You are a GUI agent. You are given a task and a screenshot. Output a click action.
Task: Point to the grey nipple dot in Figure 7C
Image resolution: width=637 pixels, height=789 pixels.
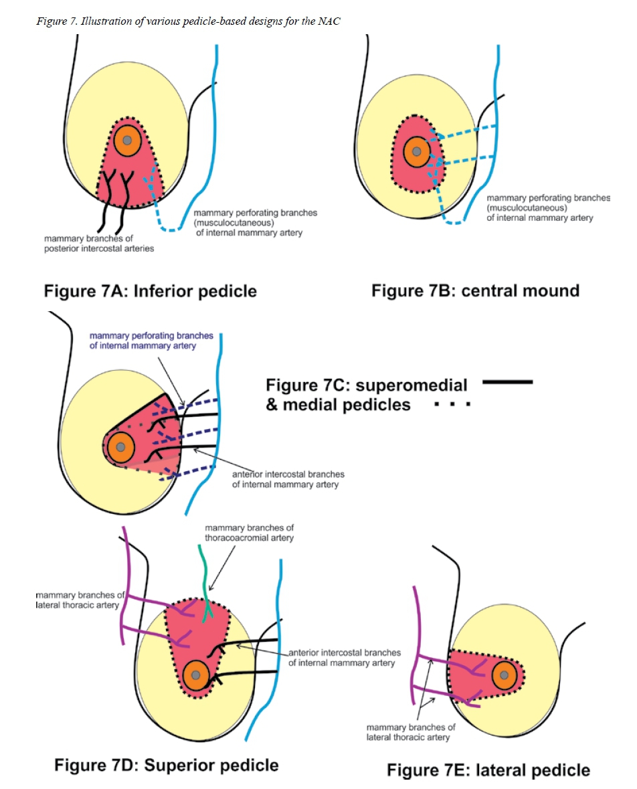coord(120,446)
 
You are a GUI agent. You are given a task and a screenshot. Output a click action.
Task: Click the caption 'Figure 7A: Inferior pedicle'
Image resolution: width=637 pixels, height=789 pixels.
coord(150,292)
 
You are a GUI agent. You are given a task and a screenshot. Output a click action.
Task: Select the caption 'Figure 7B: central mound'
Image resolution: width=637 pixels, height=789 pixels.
coord(475,290)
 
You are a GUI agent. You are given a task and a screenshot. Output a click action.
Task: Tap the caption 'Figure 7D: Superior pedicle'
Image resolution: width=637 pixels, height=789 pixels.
coord(166,764)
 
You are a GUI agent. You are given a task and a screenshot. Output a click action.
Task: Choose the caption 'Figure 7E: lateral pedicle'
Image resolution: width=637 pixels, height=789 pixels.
coord(488,770)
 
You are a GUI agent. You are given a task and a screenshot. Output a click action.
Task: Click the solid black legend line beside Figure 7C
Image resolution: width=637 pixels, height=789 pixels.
coord(507,382)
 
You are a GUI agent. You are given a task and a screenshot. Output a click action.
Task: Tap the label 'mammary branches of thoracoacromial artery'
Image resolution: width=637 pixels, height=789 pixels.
coord(249,533)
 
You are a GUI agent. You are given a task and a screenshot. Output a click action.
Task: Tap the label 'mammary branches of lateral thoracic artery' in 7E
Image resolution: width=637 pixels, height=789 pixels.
coord(411,732)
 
